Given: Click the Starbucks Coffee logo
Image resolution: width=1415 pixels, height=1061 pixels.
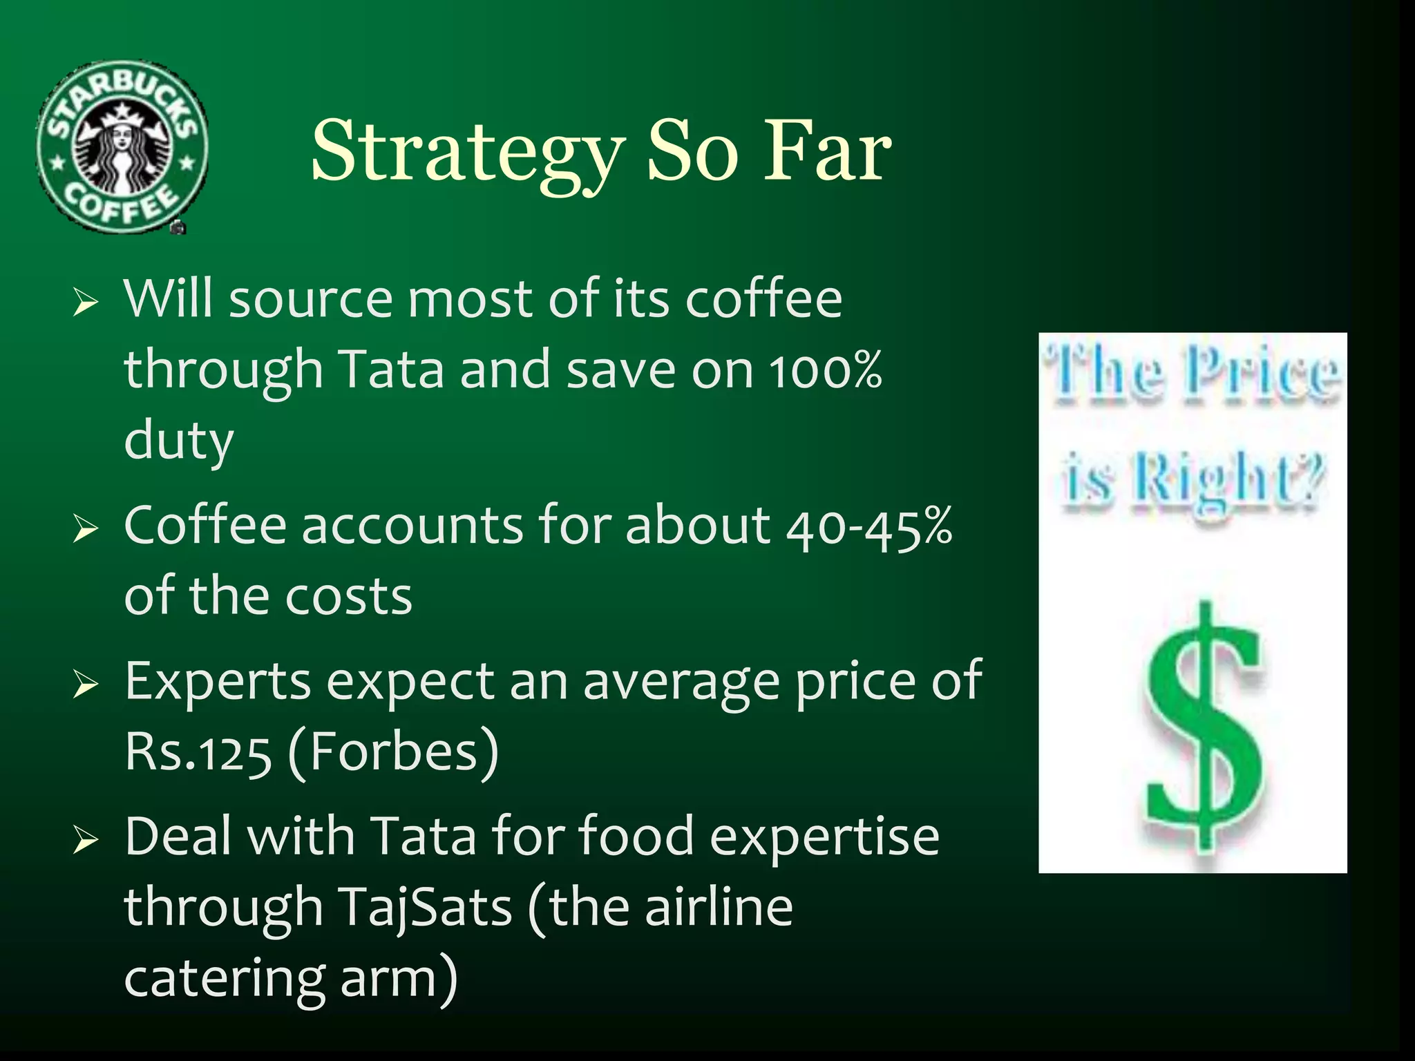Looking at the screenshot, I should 122,147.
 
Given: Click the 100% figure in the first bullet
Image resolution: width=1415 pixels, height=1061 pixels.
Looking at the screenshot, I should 826,370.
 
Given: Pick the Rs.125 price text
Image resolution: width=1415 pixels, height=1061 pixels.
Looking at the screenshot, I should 198,752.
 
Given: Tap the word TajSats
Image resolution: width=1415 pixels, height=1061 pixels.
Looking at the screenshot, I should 424,908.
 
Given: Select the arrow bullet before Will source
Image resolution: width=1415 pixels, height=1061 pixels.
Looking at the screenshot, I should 86,303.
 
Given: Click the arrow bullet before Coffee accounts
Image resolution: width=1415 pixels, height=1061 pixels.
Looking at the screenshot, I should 86,529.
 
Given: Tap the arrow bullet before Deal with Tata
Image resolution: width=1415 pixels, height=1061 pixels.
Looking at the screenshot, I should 86,840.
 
